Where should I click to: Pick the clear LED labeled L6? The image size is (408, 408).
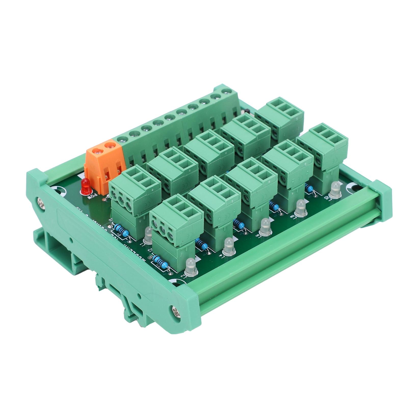(x=266, y=225)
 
